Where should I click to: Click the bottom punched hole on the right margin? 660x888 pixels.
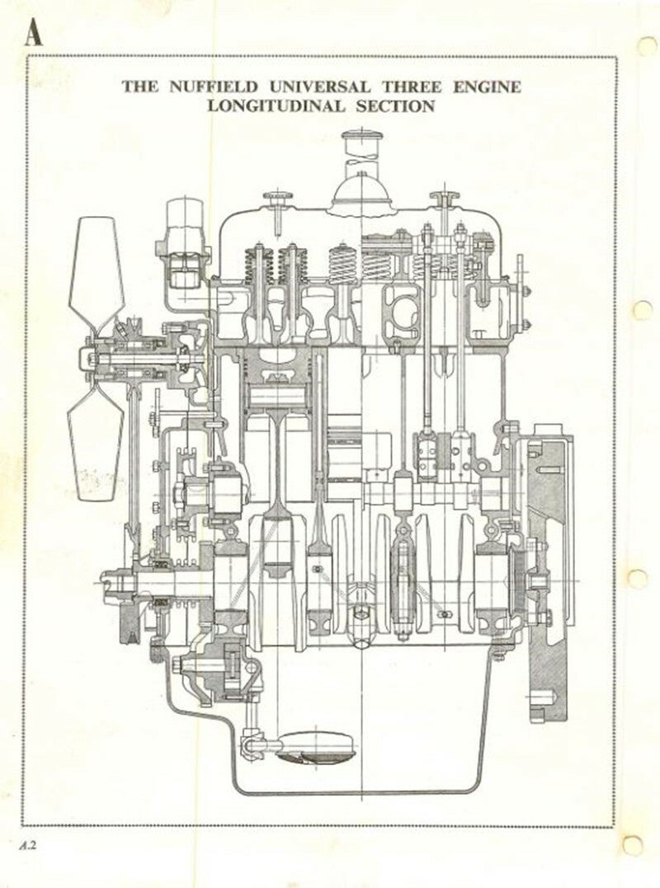point(634,844)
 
